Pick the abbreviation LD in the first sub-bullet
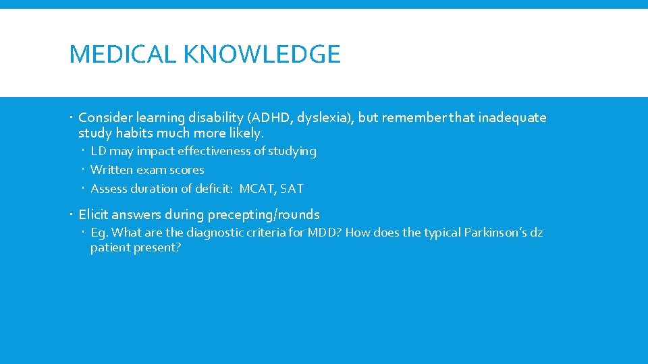point(98,151)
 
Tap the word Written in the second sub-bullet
point(112,170)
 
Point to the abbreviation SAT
point(292,189)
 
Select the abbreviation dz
point(536,233)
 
